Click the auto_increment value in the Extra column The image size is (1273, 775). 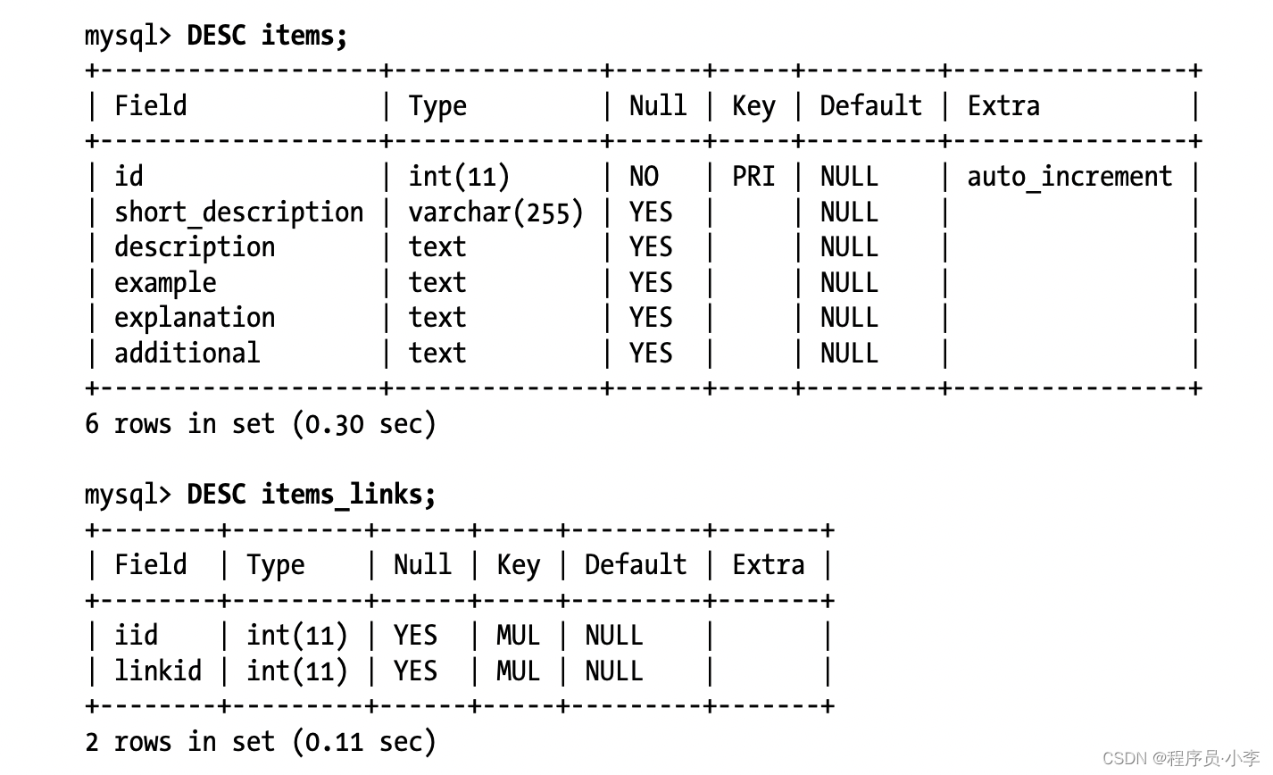pos(1069,177)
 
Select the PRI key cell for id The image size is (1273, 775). pos(753,177)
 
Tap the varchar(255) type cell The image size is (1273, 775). pos(495,212)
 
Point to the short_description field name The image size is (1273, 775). pos(238,212)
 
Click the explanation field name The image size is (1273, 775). pos(195,318)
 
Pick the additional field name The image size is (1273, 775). pos(187,354)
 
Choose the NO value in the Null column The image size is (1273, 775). pos(644,177)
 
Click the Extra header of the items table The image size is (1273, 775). pos(1003,106)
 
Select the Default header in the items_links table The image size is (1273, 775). pos(636,565)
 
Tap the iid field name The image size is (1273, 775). pos(136,636)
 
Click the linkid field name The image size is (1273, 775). pos(158,671)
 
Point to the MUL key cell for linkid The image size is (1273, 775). pos(518,671)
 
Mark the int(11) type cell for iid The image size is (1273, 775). pos(296,636)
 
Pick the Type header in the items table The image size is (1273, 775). pos(437,106)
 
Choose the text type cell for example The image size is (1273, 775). pos(437,283)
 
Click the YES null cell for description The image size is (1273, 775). pos(651,247)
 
